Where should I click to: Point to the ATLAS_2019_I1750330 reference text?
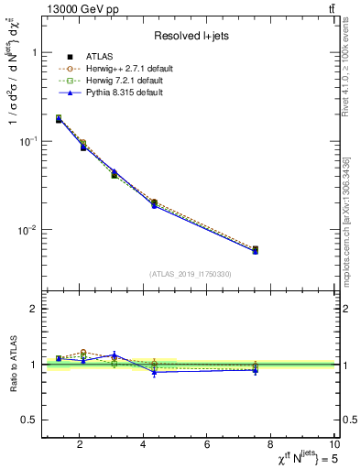tap(191, 274)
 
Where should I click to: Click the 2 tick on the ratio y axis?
tap(34, 310)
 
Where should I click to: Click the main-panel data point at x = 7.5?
tap(256, 249)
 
